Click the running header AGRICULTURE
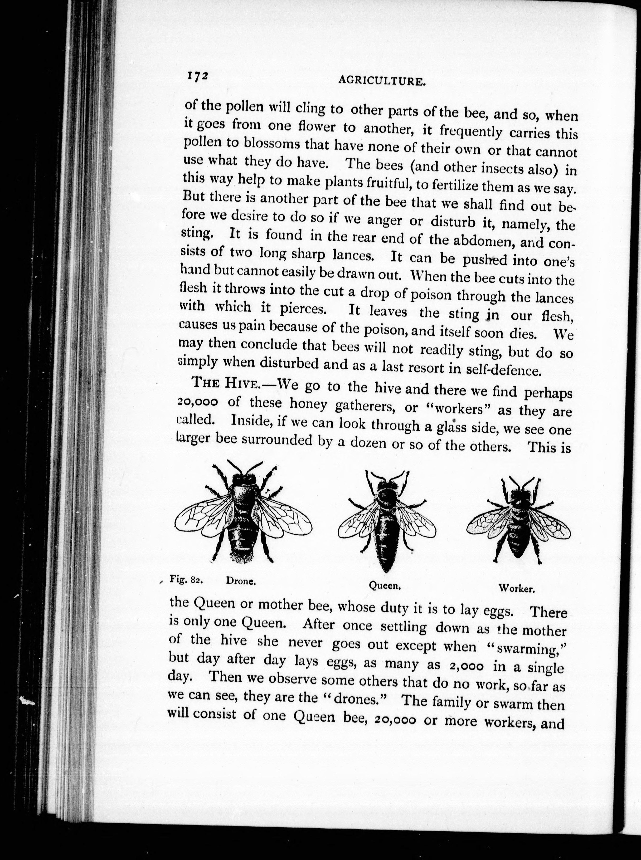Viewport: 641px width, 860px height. [380, 80]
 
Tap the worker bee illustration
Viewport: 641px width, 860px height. [518, 520]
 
